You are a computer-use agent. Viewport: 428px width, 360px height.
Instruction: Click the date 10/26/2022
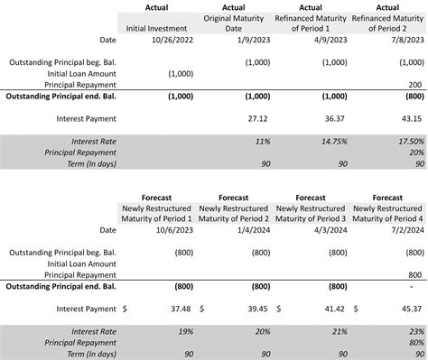click(x=170, y=39)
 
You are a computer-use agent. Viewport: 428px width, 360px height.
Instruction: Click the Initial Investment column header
click(x=156, y=28)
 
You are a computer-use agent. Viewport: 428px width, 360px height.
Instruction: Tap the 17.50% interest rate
click(x=410, y=142)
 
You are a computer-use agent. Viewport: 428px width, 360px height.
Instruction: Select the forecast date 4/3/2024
click(x=330, y=230)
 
